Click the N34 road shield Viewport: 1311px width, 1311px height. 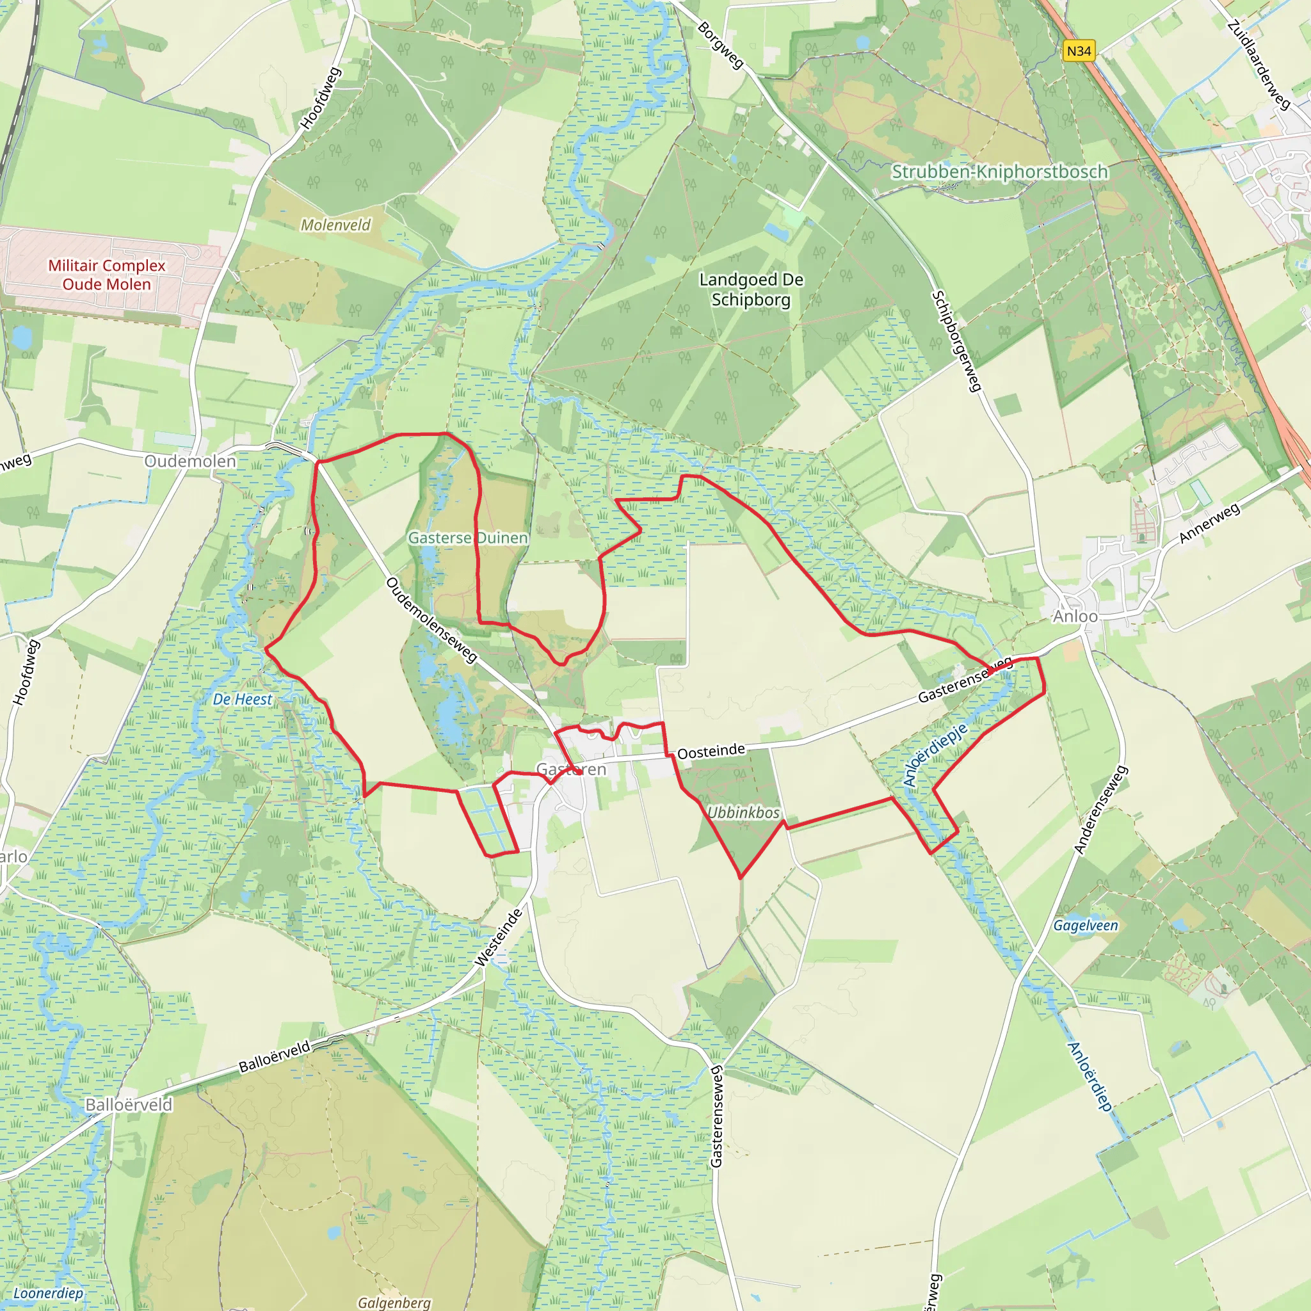click(x=1078, y=51)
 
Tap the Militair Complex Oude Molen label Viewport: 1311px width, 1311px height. click(x=106, y=275)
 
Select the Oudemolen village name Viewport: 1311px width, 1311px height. click(x=190, y=461)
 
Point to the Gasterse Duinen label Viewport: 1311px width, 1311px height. click(x=467, y=538)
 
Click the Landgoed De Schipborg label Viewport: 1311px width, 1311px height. click(x=751, y=289)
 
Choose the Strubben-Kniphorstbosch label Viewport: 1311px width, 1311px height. click(x=999, y=172)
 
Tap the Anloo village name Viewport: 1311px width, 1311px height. click(x=1075, y=616)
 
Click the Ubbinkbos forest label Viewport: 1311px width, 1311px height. click(x=743, y=812)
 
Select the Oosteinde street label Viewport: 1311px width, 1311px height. click(x=711, y=751)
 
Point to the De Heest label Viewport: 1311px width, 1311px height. click(x=242, y=699)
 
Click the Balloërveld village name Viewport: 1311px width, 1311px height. click(x=129, y=1105)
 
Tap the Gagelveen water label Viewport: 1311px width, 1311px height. click(x=1085, y=926)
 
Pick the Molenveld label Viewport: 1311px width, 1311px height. click(x=336, y=225)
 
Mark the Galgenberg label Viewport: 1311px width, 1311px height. click(x=394, y=1302)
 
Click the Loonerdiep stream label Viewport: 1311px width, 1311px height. click(x=48, y=1292)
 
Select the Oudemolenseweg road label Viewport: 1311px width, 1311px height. click(x=431, y=620)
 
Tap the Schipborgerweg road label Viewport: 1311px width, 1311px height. click(x=957, y=341)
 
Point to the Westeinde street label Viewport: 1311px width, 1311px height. click(x=499, y=937)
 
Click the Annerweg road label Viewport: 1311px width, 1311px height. click(x=1209, y=522)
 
